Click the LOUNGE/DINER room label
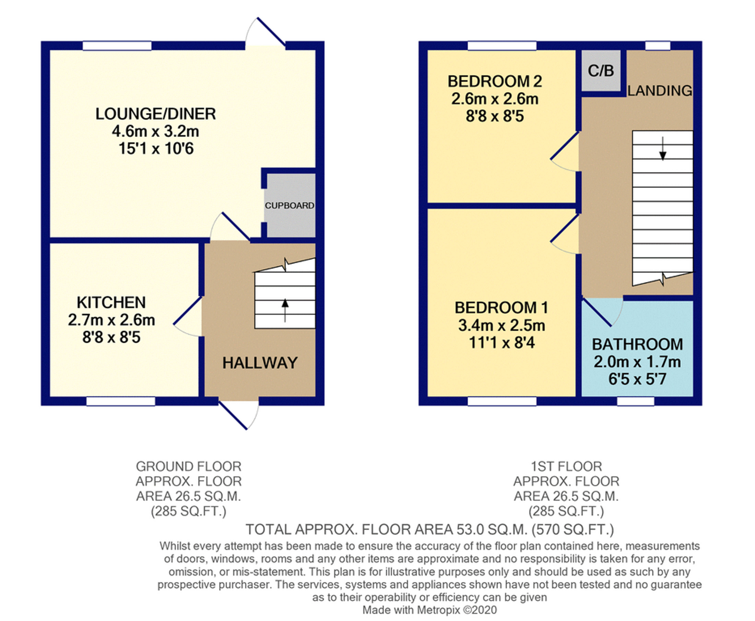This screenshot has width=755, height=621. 155,114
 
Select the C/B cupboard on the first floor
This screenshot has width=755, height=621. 601,71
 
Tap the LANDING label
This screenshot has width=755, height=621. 660,91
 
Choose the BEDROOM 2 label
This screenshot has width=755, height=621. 495,82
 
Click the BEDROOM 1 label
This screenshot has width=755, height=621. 501,308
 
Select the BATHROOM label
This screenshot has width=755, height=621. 637,344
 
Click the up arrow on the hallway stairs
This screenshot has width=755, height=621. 285,310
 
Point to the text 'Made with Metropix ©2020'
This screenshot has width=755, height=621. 430,610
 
